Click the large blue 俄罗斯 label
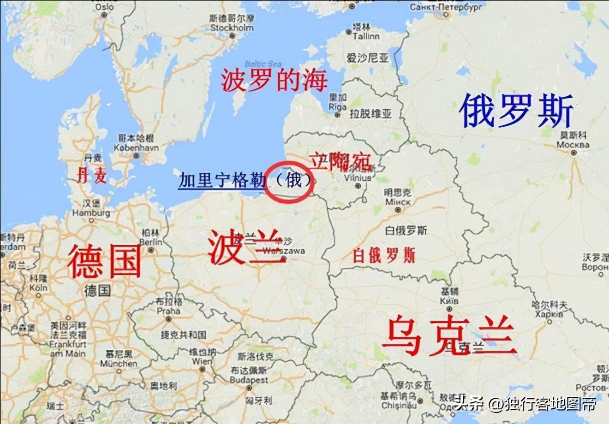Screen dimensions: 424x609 [x=516, y=111]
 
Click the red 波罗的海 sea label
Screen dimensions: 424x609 [x=274, y=80]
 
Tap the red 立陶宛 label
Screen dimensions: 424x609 [x=340, y=161]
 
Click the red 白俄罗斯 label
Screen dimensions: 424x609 [x=383, y=255]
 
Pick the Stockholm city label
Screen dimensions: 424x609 [x=232, y=28]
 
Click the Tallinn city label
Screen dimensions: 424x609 [x=366, y=36]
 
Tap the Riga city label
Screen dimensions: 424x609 [x=337, y=106]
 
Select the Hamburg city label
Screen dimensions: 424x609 [x=91, y=213]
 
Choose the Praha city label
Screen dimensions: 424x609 [x=168, y=311]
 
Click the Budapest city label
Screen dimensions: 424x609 [x=249, y=380]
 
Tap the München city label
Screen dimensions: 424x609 [x=119, y=363]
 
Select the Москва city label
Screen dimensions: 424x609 [x=573, y=145]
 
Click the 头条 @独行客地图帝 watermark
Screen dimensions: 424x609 [x=524, y=404]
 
